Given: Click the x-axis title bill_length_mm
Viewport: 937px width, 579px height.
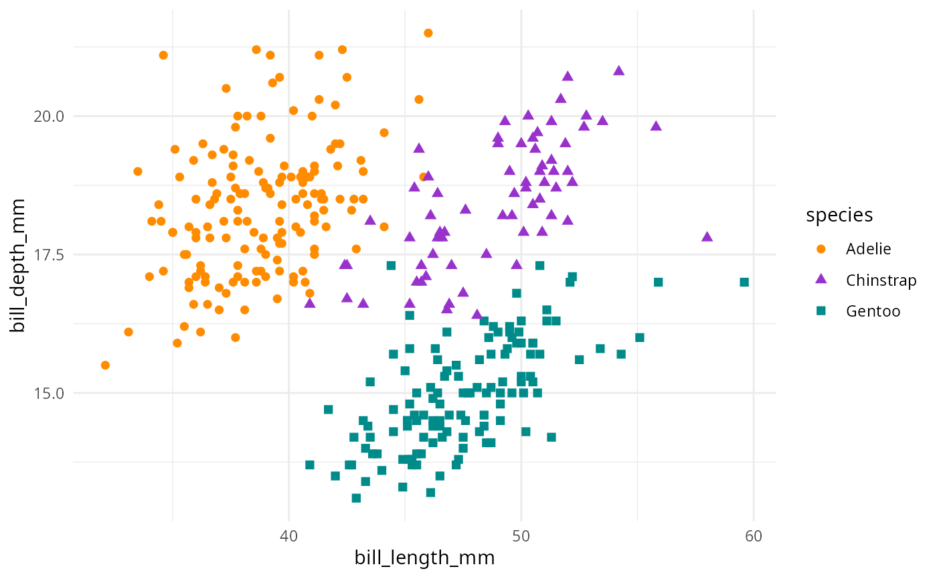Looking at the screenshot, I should (424, 558).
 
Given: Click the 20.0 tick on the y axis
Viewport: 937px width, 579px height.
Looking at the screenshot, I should (49, 116).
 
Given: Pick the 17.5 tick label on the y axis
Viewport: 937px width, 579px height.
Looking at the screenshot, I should (49, 254).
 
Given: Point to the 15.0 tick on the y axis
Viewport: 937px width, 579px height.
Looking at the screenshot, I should (49, 393).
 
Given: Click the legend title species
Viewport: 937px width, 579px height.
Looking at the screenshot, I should (839, 215).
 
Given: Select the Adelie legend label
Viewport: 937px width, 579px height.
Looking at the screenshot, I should (868, 249).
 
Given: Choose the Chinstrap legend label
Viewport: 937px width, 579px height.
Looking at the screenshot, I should (881, 280).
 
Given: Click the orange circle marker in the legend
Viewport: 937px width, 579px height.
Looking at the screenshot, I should (821, 249).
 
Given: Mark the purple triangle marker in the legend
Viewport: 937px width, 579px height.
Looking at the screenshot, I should (821, 280).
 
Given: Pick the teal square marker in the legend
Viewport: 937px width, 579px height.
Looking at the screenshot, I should (821, 311).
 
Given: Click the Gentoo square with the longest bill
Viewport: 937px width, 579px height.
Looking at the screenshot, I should (744, 282).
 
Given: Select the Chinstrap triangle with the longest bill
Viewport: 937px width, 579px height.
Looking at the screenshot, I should (707, 236).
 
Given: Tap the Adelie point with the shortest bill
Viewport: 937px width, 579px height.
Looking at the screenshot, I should (105, 365).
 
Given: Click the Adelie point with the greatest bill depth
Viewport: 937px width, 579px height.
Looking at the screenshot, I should (428, 33).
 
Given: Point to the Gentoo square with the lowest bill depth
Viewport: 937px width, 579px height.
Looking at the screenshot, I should (356, 498).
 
